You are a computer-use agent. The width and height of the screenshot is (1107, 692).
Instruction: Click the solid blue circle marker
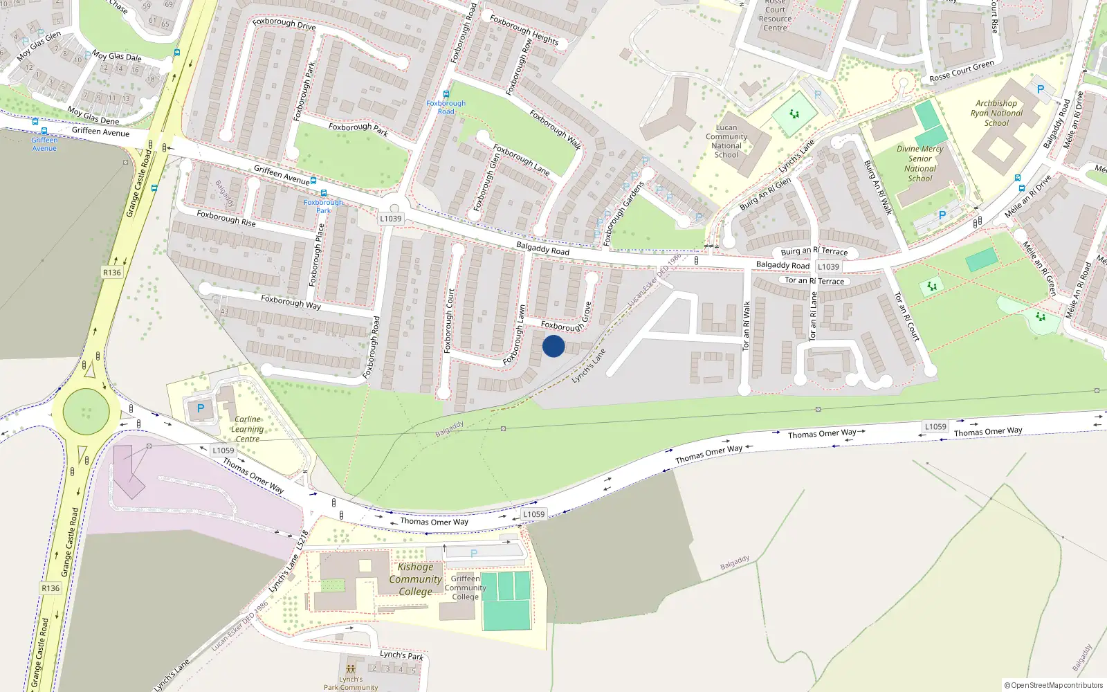pyautogui.click(x=553, y=346)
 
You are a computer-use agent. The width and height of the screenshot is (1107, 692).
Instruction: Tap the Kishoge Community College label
pyautogui.click(x=415, y=579)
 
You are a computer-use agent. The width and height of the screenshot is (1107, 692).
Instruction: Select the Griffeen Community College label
pyautogui.click(x=465, y=588)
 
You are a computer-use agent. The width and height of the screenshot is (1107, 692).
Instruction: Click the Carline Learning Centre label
pyautogui.click(x=247, y=429)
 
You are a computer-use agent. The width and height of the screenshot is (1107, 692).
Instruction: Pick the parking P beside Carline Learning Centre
pyautogui.click(x=201, y=408)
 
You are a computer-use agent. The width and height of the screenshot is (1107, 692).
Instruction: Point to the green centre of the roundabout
pyautogui.click(x=86, y=412)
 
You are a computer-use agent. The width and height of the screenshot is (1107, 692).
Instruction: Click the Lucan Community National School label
pyautogui.click(x=726, y=141)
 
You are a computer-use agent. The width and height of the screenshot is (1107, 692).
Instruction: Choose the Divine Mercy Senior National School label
pyautogui.click(x=920, y=163)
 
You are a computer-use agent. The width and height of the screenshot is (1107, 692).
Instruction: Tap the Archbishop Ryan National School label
pyautogui.click(x=996, y=113)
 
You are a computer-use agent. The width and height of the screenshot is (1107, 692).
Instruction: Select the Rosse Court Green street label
pyautogui.click(x=962, y=71)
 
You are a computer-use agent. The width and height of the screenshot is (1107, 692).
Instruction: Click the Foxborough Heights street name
pyautogui.click(x=524, y=30)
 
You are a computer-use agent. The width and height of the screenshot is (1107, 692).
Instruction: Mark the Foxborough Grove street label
pyautogui.click(x=566, y=318)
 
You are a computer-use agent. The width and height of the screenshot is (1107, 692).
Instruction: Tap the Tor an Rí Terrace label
pyautogui.click(x=814, y=281)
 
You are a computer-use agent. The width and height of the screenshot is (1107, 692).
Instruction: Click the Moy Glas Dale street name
pyautogui.click(x=117, y=56)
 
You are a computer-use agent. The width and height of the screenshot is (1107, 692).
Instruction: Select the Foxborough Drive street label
pyautogui.click(x=284, y=24)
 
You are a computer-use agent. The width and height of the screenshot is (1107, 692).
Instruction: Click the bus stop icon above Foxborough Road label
pyautogui.click(x=446, y=94)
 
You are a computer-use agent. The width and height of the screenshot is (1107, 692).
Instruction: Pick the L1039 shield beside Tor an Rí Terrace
pyautogui.click(x=828, y=266)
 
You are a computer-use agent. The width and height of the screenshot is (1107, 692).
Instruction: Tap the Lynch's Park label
pyautogui.click(x=401, y=655)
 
